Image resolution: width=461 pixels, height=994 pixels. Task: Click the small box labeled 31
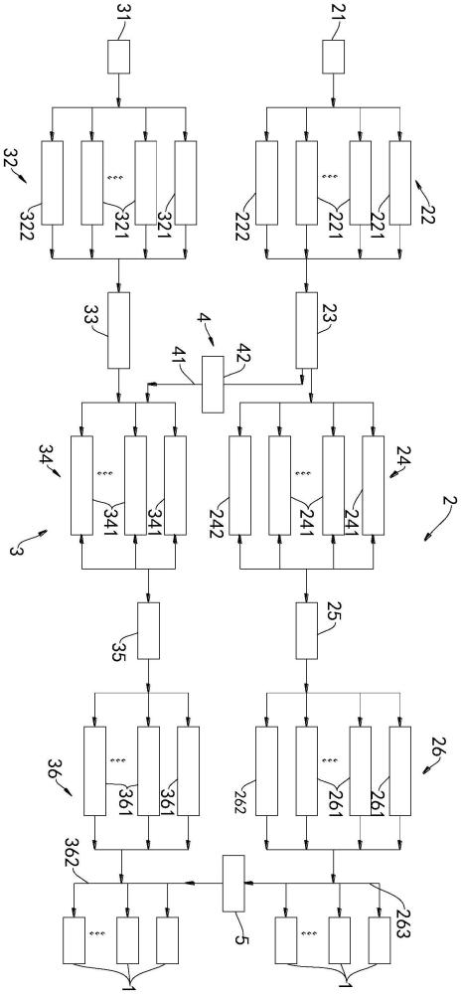(x=118, y=57)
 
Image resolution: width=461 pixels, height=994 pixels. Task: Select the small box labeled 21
(x=334, y=57)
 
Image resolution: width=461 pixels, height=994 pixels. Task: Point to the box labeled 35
(x=148, y=630)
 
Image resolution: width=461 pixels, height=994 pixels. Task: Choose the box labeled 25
(x=307, y=630)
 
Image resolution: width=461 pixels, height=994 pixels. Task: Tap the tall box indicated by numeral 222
(x=266, y=182)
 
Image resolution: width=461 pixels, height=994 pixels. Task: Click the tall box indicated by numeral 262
(x=266, y=771)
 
